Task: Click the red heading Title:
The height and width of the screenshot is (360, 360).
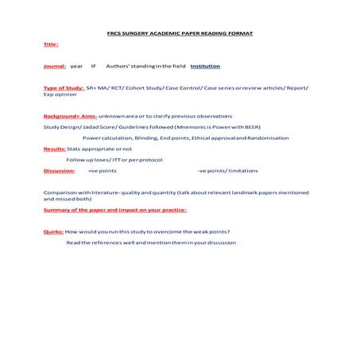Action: pos(50,45)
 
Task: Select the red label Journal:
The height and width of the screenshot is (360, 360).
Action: pos(55,66)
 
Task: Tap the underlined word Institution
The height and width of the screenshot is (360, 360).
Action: pos(205,66)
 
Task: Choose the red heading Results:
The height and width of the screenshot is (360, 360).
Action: pos(54,149)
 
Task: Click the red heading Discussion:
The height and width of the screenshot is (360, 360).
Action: pos(59,171)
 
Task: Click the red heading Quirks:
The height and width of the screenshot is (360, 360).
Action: pos(53,231)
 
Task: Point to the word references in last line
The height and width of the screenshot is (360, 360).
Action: pos(118,242)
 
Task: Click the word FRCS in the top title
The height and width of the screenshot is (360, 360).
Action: pos(115,33)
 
